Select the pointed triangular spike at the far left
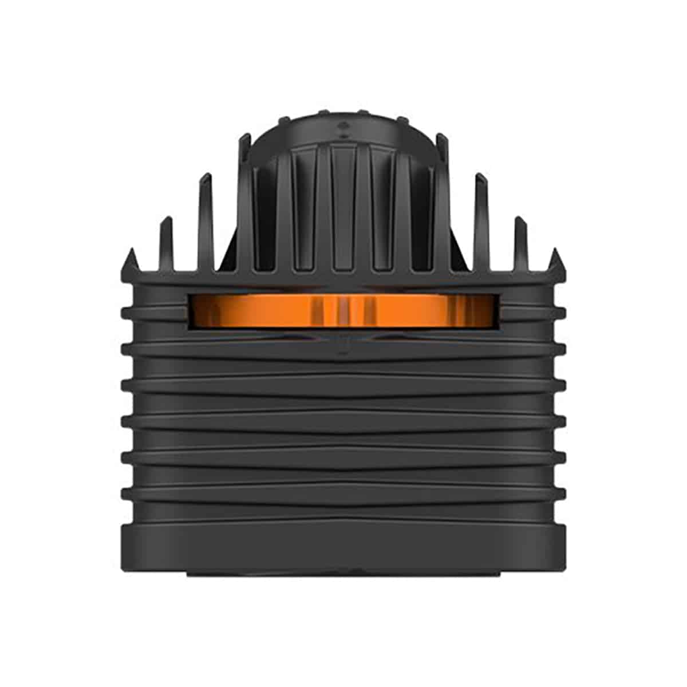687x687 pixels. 131,260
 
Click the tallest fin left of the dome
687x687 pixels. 245,200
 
